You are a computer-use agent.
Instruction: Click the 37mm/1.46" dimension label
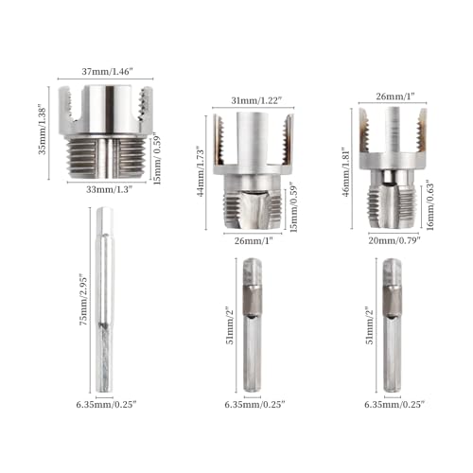pyautogui.click(x=106, y=72)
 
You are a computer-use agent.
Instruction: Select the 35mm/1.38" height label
pyautogui.click(x=43, y=131)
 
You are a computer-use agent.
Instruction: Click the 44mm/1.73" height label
pyautogui.click(x=201, y=171)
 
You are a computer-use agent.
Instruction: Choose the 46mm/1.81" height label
pyautogui.click(x=346, y=172)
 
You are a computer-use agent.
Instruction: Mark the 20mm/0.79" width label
pyautogui.click(x=394, y=240)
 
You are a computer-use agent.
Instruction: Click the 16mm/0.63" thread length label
pyautogui.click(x=430, y=205)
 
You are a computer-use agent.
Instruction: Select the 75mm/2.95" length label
pyautogui.click(x=83, y=300)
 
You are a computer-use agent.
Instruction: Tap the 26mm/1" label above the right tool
pyautogui.click(x=395, y=96)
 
